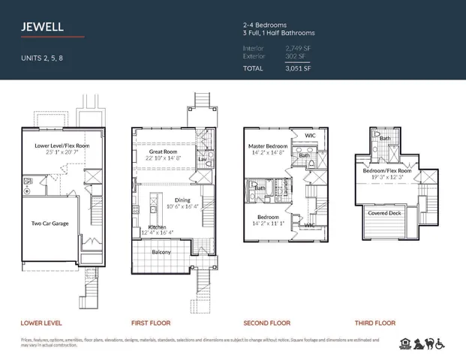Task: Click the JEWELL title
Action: pyautogui.click(x=43, y=27)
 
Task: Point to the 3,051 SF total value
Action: pyautogui.click(x=298, y=68)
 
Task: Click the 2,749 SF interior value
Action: pyautogui.click(x=298, y=48)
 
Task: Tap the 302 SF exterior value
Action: pyautogui.click(x=296, y=56)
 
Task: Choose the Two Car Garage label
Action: pyautogui.click(x=50, y=223)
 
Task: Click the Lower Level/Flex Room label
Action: pyautogui.click(x=62, y=145)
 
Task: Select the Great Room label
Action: pyautogui.click(x=163, y=151)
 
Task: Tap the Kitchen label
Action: pyautogui.click(x=157, y=227)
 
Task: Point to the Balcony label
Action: pyautogui.click(x=161, y=252)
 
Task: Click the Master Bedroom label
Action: pyautogui.click(x=269, y=145)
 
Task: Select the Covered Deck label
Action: pyautogui.click(x=385, y=213)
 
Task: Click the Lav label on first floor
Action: pyautogui.click(x=203, y=158)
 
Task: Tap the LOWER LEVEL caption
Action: pyautogui.click(x=41, y=323)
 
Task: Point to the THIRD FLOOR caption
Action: pyautogui.click(x=374, y=323)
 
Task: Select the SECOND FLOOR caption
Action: pyautogui.click(x=266, y=323)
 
